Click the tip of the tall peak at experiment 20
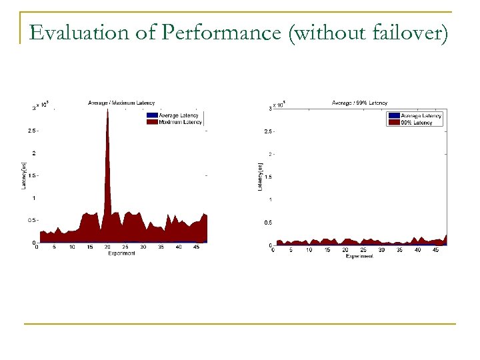point(107,109)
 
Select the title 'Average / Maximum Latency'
point(121,103)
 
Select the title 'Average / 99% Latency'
point(359,103)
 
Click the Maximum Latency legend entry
point(180,122)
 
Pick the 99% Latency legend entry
point(417,123)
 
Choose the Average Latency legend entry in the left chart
point(178,116)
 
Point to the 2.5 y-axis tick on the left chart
point(32,131)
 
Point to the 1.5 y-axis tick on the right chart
point(267,177)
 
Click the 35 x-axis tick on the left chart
point(161,247)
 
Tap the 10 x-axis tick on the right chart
point(309,250)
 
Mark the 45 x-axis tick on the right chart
point(436,250)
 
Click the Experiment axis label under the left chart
point(121,253)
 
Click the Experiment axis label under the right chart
point(359,256)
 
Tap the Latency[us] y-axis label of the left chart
point(24,175)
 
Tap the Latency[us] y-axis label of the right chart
point(260,176)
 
